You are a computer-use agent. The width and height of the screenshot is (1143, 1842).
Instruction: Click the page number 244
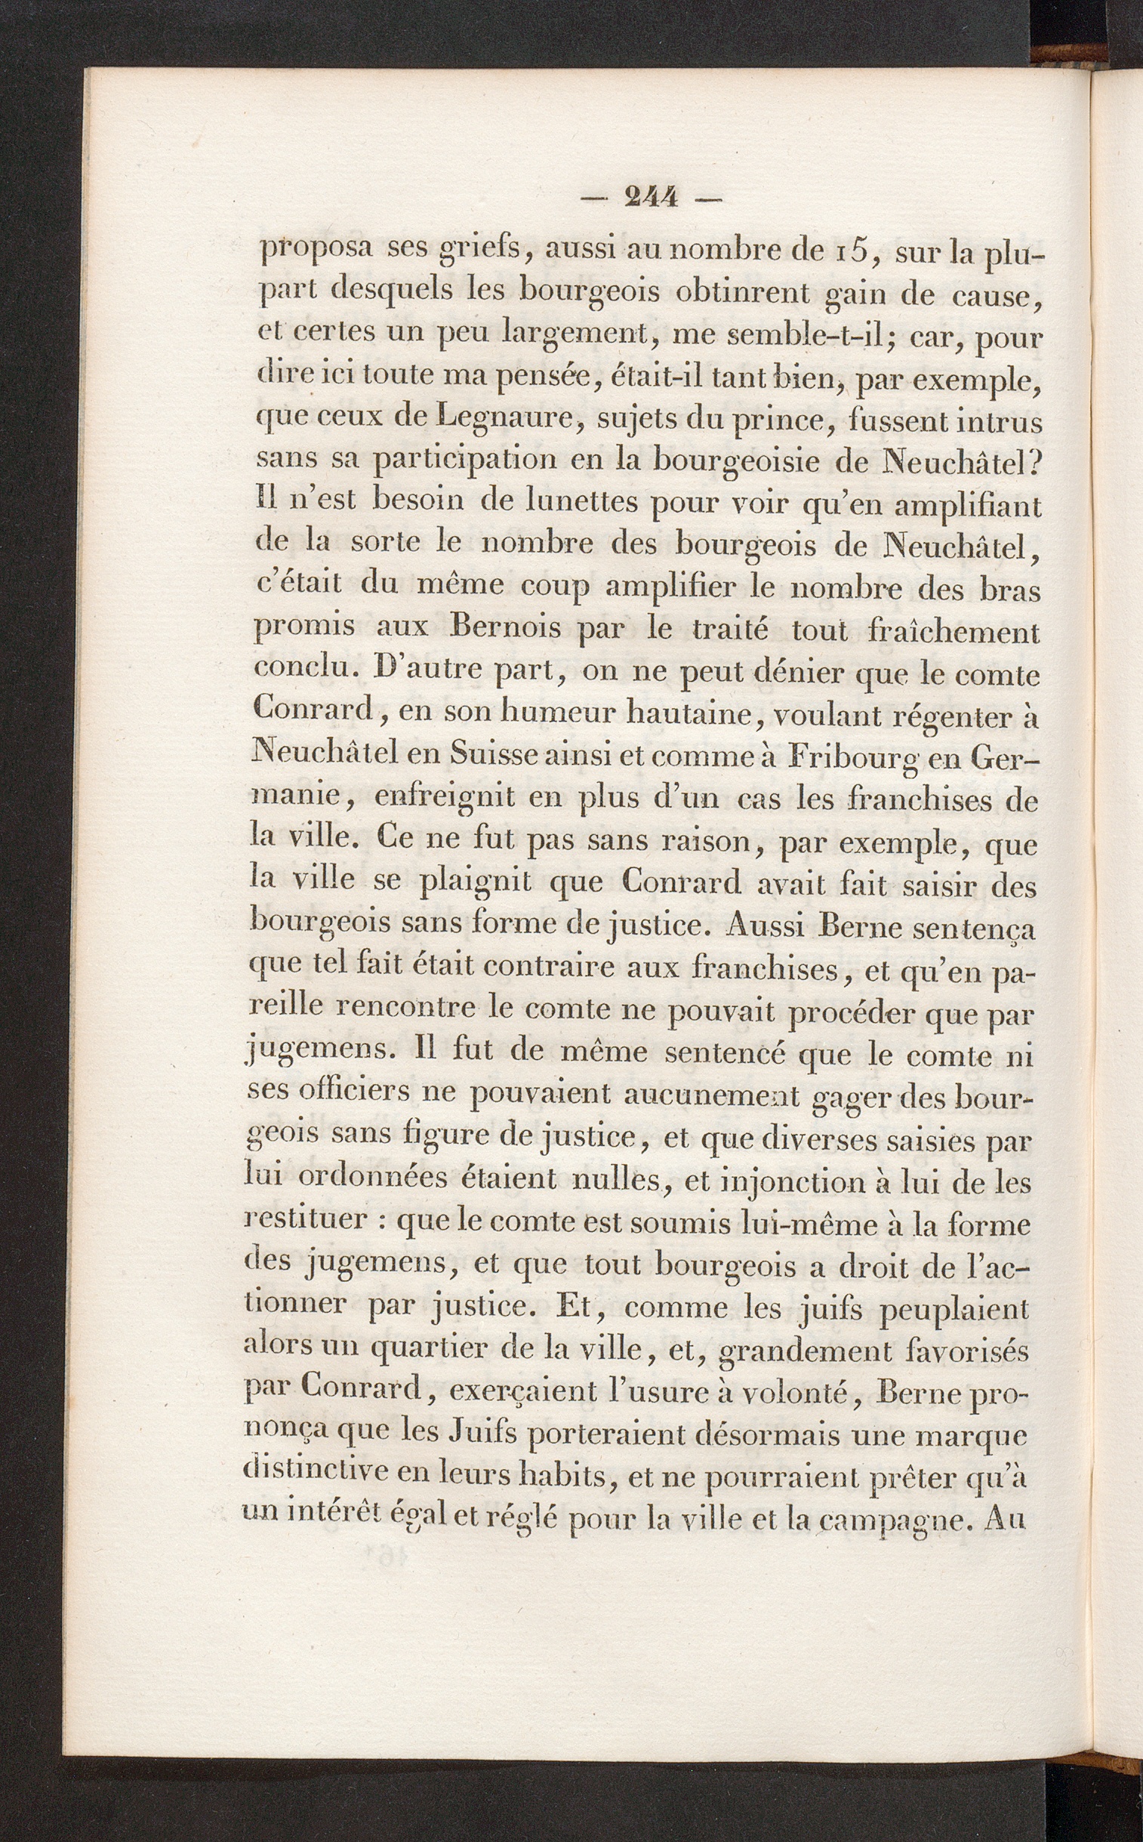[651, 198]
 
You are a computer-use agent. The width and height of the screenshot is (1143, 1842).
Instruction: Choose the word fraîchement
[954, 632]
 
